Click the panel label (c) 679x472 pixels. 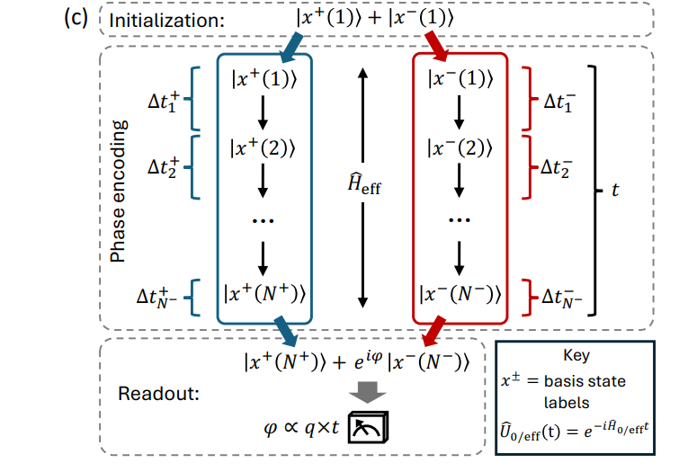pos(77,19)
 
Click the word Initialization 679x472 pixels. pos(163,19)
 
